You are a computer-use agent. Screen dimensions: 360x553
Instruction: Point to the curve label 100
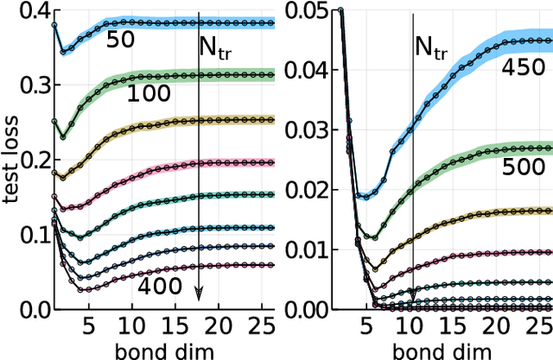pyautogui.click(x=149, y=93)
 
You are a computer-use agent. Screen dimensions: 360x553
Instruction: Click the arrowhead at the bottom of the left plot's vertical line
pyautogui.click(x=198, y=293)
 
